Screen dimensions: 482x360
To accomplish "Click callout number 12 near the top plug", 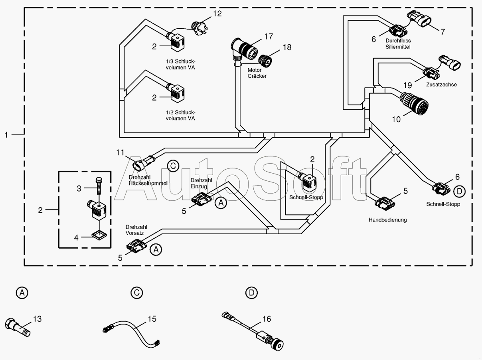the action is coord(217,14).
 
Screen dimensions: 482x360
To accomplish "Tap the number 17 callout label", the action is coord(269,36).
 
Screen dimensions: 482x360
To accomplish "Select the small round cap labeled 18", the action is coord(265,61).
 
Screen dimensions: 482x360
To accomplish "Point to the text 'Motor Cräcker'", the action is coord(257,73).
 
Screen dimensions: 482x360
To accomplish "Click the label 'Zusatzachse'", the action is coord(441,85).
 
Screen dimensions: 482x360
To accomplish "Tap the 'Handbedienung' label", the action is coord(387,220).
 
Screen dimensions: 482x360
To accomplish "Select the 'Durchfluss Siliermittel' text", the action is coord(398,44).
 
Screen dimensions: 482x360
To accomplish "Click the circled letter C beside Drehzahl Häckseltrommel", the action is coord(173,166).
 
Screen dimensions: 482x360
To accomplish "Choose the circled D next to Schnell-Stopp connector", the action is coord(459,192).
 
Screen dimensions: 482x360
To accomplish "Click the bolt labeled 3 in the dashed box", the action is coord(99,186).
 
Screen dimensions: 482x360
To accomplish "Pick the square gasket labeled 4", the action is coord(99,235).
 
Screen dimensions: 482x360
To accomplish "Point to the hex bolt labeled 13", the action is coord(18,327).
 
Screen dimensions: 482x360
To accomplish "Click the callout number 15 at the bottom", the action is coord(152,319).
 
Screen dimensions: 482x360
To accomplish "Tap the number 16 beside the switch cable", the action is coord(267,319).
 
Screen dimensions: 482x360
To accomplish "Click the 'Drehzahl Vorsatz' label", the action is coord(136,230).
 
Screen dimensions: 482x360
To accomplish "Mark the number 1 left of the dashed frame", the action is coord(6,135).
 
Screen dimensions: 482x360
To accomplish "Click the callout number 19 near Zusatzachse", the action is coord(408,85).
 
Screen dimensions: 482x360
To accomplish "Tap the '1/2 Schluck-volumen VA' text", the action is coord(180,115).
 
